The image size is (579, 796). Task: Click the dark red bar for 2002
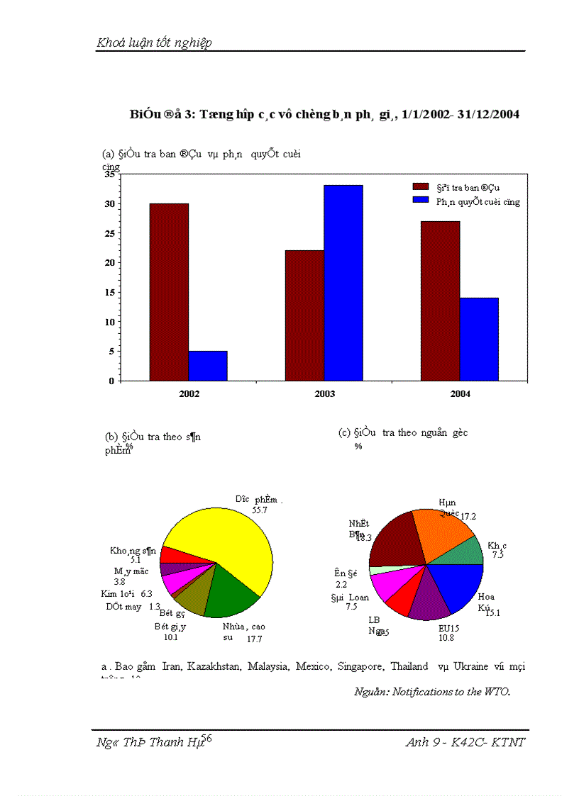point(169,292)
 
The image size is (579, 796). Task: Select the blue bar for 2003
point(343,283)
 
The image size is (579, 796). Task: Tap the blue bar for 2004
point(479,339)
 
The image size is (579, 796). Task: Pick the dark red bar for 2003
point(304,315)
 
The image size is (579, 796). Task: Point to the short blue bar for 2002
point(208,366)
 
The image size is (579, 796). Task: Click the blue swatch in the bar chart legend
point(421,201)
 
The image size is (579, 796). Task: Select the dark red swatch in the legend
point(421,186)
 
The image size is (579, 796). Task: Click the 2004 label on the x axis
point(461,394)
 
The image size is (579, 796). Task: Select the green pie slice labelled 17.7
point(231,592)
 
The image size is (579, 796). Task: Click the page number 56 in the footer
point(207,739)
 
